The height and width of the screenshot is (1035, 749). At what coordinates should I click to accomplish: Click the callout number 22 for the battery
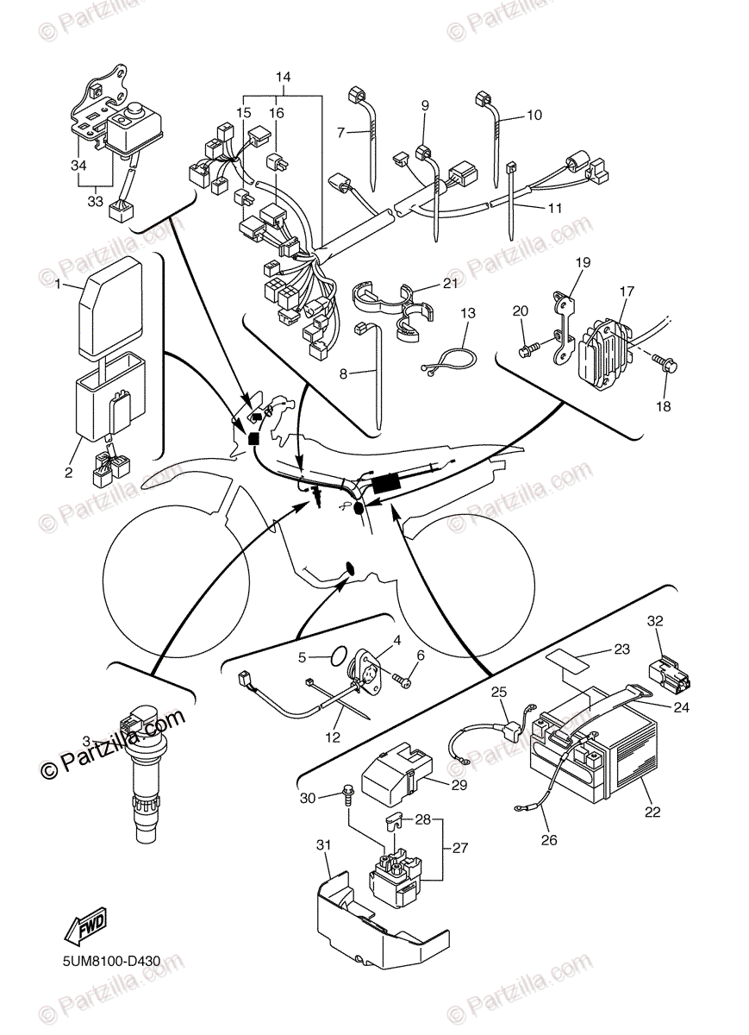click(x=653, y=812)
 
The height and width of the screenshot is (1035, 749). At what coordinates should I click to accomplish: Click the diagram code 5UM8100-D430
click(x=112, y=960)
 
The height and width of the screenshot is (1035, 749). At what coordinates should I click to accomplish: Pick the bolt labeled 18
click(x=671, y=365)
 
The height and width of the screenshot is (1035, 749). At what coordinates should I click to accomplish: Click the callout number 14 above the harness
click(x=283, y=77)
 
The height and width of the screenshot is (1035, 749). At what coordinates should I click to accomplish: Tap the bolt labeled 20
click(x=526, y=350)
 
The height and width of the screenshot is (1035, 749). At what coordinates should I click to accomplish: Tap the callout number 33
click(x=95, y=201)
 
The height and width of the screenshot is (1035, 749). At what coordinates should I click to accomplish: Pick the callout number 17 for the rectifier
click(x=626, y=291)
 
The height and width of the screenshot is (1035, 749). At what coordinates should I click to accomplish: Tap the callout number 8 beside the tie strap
click(x=343, y=373)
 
